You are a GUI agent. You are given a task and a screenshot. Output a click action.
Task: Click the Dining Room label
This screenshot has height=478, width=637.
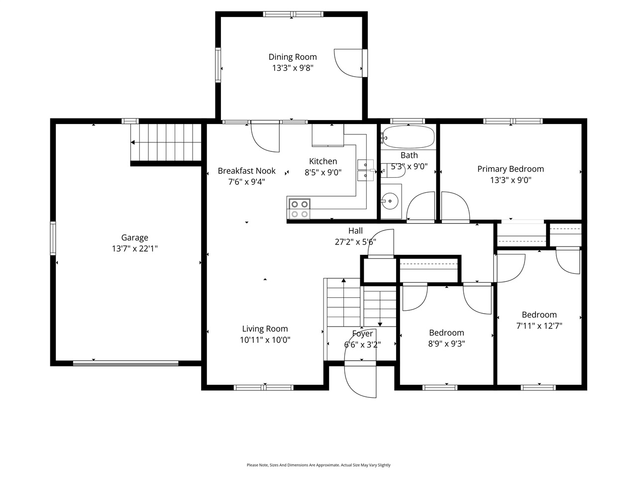[293, 57]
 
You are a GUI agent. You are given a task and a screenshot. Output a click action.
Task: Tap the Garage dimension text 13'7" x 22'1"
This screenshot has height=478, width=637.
[134, 248]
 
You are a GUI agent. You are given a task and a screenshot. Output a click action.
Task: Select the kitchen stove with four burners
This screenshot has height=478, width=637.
[299, 209]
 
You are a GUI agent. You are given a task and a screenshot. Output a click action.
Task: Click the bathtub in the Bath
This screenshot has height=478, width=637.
[408, 137]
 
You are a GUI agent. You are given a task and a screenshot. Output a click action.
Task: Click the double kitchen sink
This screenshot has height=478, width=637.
[365, 170]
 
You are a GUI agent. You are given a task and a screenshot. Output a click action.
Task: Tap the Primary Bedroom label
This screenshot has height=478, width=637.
[511, 169]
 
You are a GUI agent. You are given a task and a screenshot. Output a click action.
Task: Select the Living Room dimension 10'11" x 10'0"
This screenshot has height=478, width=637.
[265, 340]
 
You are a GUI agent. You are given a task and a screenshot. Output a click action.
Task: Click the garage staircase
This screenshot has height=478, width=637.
[165, 142]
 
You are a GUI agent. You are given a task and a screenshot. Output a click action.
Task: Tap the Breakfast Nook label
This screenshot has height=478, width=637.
[246, 171]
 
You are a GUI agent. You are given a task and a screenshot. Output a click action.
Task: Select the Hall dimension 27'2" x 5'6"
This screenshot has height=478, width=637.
[355, 242]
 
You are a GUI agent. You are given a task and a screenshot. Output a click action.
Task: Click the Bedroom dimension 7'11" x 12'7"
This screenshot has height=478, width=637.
[539, 326]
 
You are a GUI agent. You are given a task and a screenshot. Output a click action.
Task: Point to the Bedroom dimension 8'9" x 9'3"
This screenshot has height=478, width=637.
[446, 344]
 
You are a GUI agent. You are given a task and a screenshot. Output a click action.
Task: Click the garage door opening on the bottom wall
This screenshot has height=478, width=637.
[125, 363]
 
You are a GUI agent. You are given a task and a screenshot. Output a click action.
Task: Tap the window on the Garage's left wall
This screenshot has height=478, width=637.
[53, 239]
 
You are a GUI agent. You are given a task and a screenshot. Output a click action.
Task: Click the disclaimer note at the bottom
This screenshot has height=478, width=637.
[318, 465]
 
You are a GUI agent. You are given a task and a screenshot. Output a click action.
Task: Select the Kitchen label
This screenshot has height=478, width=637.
[323, 161]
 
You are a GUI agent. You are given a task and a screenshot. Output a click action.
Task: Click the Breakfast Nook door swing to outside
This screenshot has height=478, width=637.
[265, 137]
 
